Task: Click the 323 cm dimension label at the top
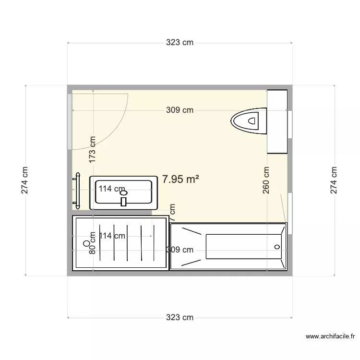click(x=180, y=43)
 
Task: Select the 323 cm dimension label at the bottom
click(x=180, y=317)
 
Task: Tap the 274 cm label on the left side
click(x=25, y=180)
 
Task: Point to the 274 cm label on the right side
click(x=334, y=180)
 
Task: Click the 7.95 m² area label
click(x=181, y=180)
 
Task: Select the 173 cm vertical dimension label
click(x=93, y=148)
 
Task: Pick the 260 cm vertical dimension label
click(x=266, y=180)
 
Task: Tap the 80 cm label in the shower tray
click(x=93, y=246)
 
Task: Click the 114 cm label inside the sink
click(x=111, y=189)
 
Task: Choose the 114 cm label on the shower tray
click(x=112, y=236)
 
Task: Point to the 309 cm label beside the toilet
click(x=180, y=110)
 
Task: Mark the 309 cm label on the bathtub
click(x=180, y=250)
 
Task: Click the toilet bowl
click(x=249, y=120)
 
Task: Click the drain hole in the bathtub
click(x=276, y=247)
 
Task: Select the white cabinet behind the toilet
click(x=277, y=121)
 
